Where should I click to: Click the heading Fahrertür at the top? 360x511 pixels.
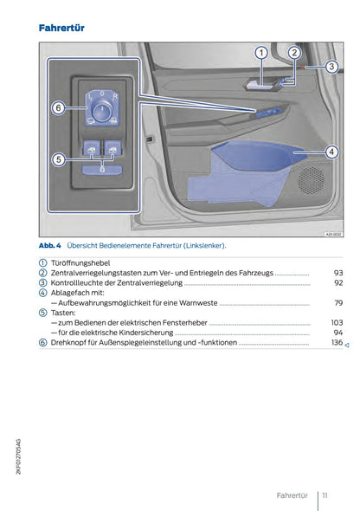tap(61, 29)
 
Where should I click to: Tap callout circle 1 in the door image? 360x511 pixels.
tap(260, 54)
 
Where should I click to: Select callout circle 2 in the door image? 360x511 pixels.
tap(293, 54)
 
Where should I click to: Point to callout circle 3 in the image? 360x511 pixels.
tap(330, 67)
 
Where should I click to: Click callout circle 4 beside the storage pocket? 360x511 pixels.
tap(330, 152)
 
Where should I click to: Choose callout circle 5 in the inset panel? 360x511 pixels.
tap(57, 159)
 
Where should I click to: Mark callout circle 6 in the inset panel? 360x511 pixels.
tap(57, 108)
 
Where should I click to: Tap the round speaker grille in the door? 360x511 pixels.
tap(311, 178)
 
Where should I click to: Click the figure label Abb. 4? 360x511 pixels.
tap(48, 246)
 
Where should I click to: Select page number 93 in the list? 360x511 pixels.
tap(338, 273)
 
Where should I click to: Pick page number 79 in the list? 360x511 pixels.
tap(338, 304)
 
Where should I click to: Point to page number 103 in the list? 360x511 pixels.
tap(337, 322)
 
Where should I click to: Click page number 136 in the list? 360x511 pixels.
tap(337, 343)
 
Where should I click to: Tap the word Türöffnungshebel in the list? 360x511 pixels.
tap(81, 262)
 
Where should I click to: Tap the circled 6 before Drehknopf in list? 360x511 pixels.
tap(42, 343)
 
